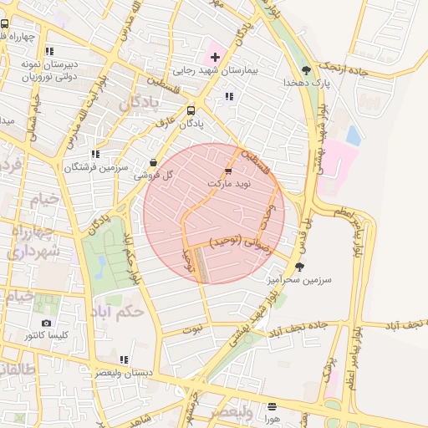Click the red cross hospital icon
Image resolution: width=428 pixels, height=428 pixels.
point(215,57)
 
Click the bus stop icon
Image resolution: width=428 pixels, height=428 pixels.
point(191,110)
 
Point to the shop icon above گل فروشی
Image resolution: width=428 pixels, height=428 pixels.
point(152,162)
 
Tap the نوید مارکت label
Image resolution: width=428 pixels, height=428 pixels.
point(227,181)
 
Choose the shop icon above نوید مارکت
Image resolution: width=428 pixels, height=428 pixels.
point(229,170)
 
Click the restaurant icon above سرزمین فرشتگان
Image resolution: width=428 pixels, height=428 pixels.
point(95,154)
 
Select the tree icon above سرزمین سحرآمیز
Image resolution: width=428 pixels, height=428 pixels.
point(299,267)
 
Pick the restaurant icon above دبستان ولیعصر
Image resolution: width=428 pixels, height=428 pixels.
point(124,359)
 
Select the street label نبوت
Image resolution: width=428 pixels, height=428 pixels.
point(193,329)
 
